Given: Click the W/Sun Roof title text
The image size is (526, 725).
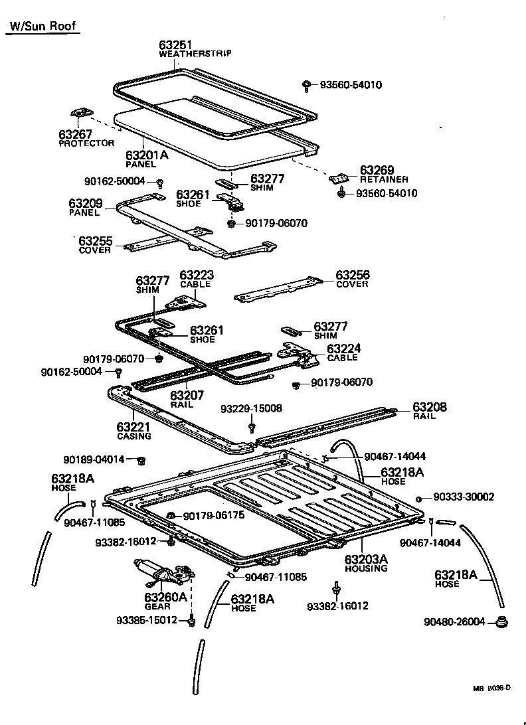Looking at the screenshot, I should click(41, 27).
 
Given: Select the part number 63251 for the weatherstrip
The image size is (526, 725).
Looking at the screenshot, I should click(175, 45).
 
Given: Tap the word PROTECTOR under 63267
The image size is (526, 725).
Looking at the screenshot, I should click(86, 143).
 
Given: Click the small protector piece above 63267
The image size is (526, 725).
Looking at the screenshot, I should click(80, 116).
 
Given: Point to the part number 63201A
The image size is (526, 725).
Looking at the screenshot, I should click(146, 155).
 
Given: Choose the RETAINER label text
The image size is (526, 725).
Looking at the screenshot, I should click(384, 179).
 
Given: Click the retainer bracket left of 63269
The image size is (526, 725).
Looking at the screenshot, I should click(340, 178).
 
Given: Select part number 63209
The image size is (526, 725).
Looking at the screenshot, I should click(84, 203).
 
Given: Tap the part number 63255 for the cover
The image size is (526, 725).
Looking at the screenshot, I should click(96, 241).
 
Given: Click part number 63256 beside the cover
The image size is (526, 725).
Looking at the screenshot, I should click(352, 275).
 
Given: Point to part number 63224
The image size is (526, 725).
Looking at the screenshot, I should click(342, 349).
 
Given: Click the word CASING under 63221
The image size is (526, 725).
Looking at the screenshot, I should click(134, 436).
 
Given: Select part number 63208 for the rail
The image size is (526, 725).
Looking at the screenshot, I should click(430, 407).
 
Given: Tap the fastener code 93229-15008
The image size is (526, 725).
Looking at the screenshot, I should click(251, 408).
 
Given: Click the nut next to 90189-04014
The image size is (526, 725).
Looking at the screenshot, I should click(141, 460).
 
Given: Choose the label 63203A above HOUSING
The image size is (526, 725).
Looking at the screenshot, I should click(366, 559).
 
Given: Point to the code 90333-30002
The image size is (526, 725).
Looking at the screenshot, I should click(464, 497).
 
